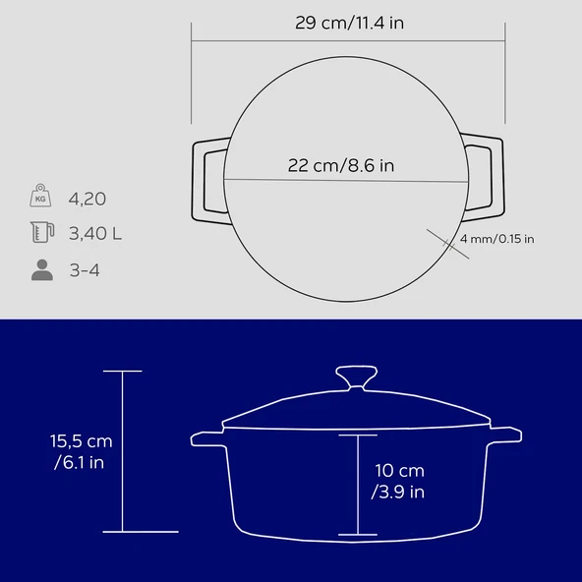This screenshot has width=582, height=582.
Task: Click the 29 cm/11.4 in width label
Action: click(x=349, y=23)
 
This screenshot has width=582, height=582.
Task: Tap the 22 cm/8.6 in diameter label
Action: click(x=341, y=165)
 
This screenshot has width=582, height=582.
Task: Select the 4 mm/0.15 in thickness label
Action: click(x=497, y=239)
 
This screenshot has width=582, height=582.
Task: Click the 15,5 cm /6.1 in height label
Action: click(x=81, y=451)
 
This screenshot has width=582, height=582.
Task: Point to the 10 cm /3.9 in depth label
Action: click(x=398, y=481)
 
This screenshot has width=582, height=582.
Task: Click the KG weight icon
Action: click(x=40, y=196)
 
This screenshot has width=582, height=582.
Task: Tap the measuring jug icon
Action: click(x=42, y=232)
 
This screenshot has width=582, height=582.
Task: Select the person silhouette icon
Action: click(x=42, y=269)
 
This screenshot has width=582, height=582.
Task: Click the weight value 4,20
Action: click(x=87, y=199)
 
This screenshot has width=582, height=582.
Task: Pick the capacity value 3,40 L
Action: click(x=95, y=233)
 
